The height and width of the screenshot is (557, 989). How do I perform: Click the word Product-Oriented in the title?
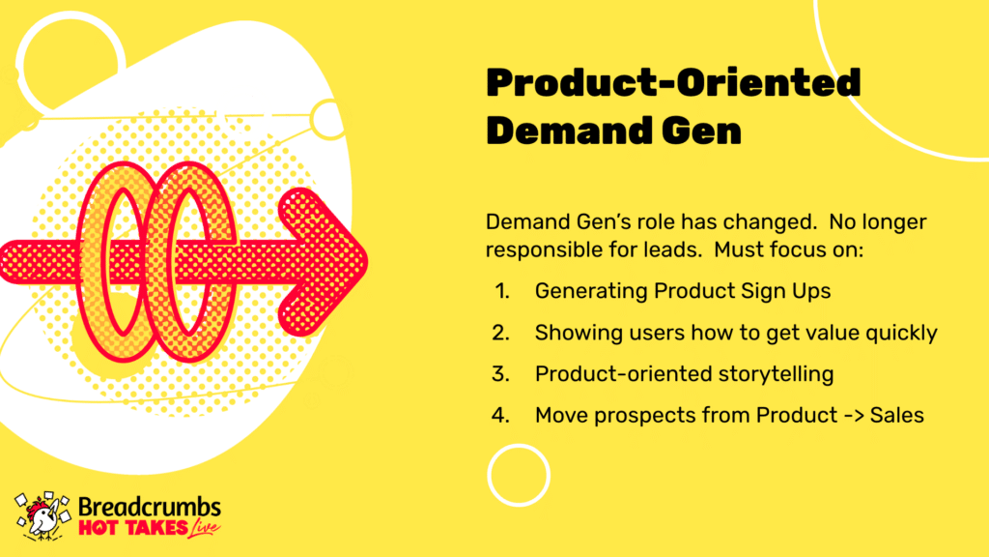673,83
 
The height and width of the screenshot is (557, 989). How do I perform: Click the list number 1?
502,291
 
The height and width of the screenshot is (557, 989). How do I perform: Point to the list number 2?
501,333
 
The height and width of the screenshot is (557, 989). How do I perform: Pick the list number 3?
501,374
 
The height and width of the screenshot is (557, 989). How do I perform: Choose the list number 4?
501,416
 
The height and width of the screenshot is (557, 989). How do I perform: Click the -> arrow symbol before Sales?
854,416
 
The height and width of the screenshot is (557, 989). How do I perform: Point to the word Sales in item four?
897,416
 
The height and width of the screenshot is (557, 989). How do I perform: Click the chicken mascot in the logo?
42,516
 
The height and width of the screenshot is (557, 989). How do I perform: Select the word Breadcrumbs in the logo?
150,507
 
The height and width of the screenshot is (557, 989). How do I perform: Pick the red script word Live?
205,528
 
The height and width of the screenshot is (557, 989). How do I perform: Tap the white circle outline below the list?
519,445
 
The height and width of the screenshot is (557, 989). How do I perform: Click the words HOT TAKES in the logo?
125,528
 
